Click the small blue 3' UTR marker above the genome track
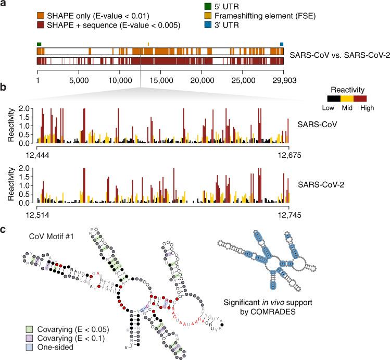pyautogui.click(x=282, y=44)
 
